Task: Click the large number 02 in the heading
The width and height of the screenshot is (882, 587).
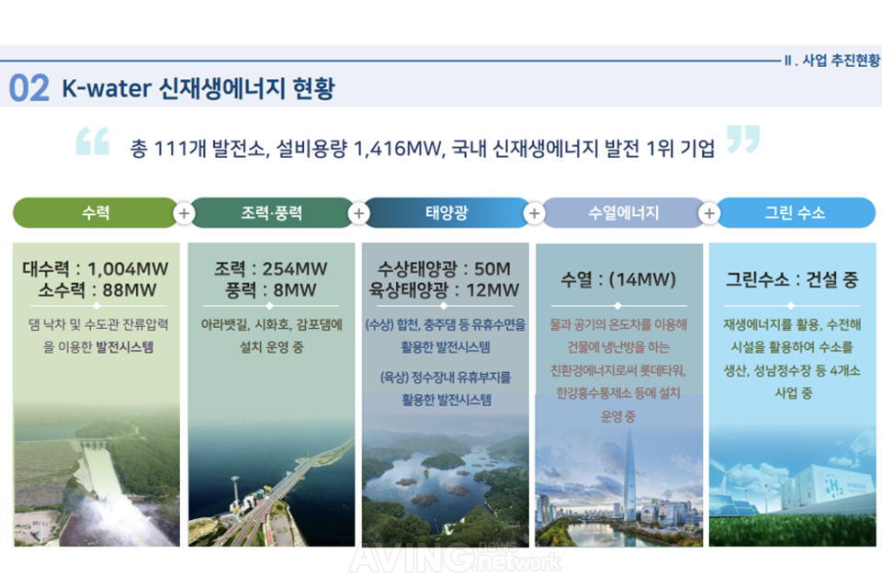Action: [x=28, y=89]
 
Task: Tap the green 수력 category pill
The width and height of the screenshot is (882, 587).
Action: [x=95, y=213]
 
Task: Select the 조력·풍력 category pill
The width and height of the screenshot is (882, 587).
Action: [x=271, y=213]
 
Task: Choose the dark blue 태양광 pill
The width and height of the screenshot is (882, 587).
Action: [x=447, y=213]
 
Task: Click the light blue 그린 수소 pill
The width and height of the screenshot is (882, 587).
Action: [x=795, y=213]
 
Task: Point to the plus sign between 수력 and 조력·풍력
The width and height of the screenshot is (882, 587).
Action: [x=184, y=213]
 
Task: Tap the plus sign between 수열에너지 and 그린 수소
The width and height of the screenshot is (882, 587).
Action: [x=708, y=213]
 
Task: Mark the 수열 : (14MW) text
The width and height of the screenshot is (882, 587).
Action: [x=618, y=279]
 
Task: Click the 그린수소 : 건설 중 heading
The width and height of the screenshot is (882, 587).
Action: [x=793, y=279]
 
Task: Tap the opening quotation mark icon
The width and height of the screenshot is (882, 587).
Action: [x=92, y=141]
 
